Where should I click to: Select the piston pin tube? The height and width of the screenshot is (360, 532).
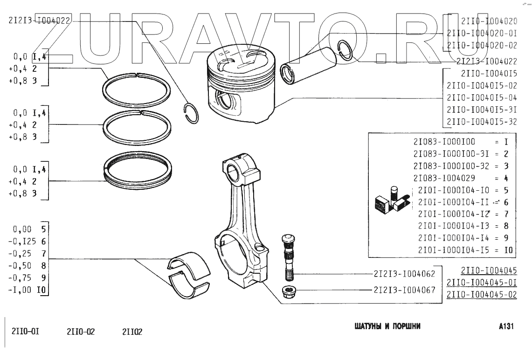307,66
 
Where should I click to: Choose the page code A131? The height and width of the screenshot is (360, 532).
505,326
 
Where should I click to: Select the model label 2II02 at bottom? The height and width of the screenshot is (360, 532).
132,332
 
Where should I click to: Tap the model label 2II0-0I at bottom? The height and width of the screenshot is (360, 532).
25,332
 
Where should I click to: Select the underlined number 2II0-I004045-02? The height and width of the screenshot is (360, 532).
482,295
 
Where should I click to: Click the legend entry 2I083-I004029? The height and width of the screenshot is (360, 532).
443,178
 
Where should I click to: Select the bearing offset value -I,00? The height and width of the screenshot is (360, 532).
22,290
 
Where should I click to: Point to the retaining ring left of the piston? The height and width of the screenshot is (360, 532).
191,113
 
